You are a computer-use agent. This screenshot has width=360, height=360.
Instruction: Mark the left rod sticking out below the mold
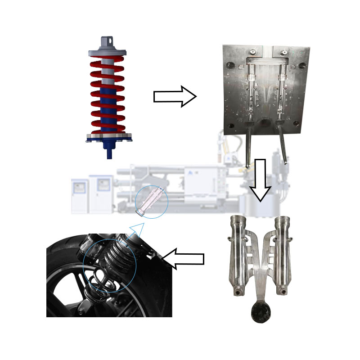click(247, 148)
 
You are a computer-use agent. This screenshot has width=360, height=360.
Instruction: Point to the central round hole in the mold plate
click(265, 122)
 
